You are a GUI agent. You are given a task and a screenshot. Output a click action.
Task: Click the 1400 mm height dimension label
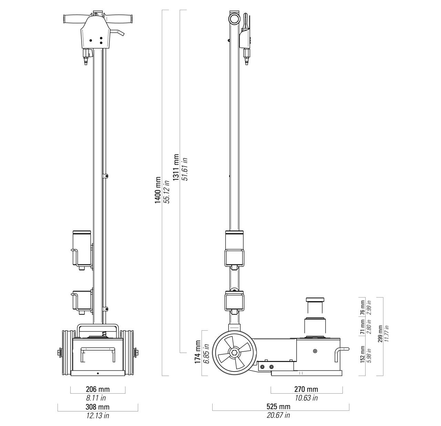pyautogui.click(x=157, y=190)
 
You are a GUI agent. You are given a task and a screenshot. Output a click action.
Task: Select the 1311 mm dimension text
pyautogui.click(x=176, y=167)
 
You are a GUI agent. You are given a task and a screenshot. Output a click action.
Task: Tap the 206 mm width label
pyautogui.click(x=98, y=389)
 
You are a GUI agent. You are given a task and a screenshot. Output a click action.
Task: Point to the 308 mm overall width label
pyautogui.click(x=98, y=407)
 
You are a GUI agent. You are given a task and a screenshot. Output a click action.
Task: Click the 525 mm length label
pyautogui.click(x=278, y=406)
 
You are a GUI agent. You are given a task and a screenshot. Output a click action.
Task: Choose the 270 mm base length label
pyautogui.click(x=306, y=389)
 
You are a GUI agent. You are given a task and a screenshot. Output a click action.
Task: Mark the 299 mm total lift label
pyautogui.click(x=380, y=334)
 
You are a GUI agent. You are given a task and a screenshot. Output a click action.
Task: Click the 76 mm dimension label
pyautogui.click(x=362, y=308)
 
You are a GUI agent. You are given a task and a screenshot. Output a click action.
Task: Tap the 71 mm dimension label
pyautogui.click(x=362, y=327)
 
